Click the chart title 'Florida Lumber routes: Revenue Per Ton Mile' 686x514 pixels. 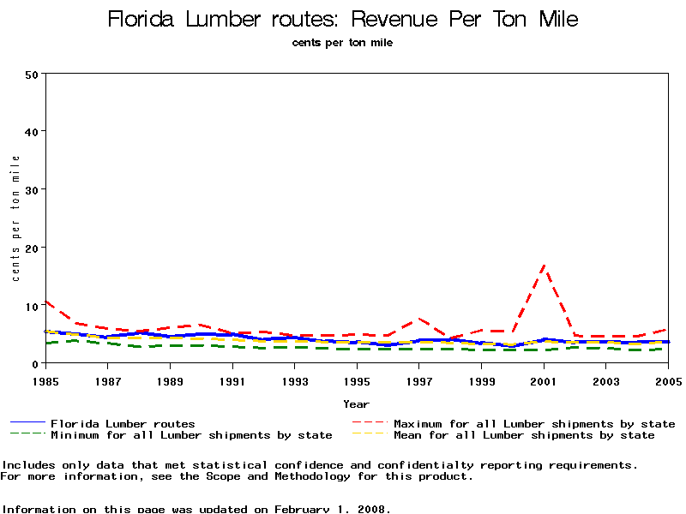343,19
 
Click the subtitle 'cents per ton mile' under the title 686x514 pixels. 342,42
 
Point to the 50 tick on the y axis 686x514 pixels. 32,74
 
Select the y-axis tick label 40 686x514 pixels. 32,131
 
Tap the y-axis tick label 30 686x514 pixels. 32,189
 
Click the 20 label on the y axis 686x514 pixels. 32,248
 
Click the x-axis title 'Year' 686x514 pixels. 356,403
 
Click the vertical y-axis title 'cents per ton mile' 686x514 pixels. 15,218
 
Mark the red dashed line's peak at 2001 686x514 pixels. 544,267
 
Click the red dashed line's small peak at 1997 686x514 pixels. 419,319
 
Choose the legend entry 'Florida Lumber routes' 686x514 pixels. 123,423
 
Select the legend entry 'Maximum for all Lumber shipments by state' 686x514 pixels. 534,423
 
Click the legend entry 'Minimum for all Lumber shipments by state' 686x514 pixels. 191,435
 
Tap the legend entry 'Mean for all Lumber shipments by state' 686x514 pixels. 524,435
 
